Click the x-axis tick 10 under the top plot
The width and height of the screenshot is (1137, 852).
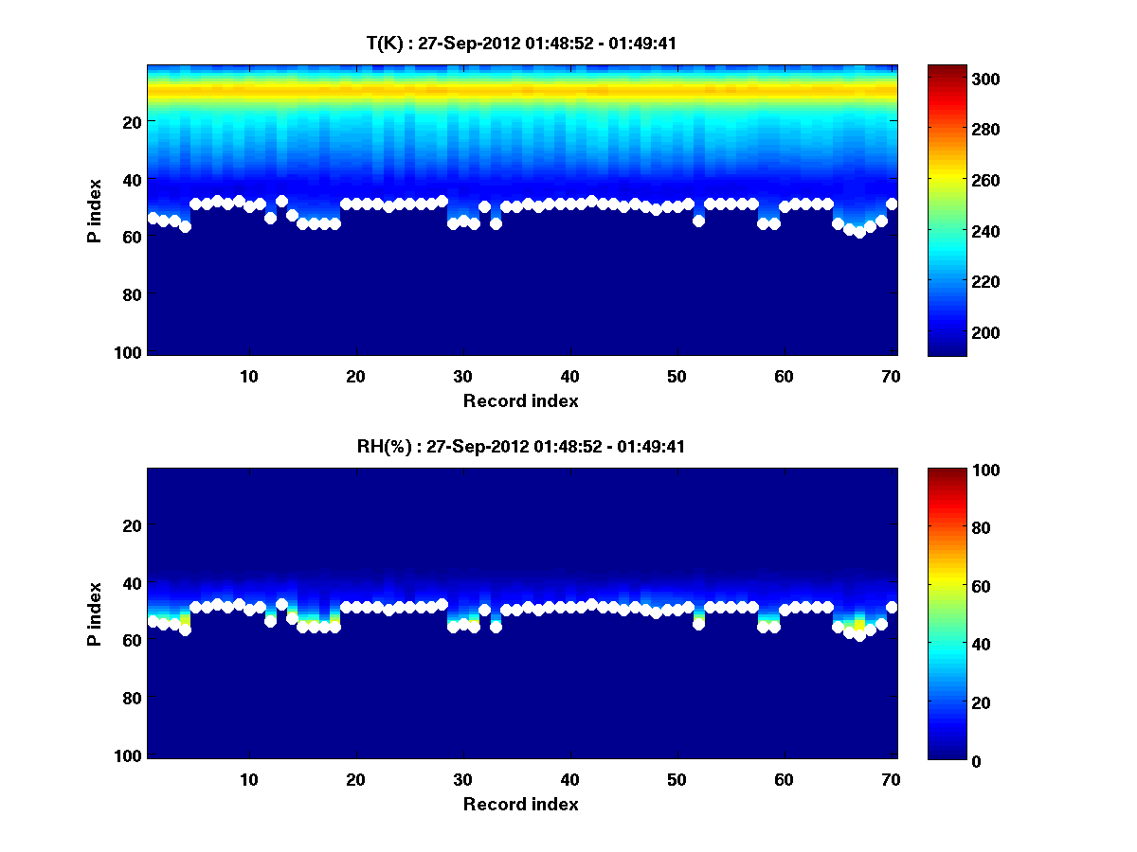248,376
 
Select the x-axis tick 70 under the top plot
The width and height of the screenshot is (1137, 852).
891,376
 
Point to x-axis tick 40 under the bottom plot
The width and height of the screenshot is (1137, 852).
569,779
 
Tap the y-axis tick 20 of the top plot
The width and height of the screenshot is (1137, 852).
132,121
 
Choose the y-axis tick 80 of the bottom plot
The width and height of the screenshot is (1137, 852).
132,698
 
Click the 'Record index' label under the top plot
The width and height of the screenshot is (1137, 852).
520,400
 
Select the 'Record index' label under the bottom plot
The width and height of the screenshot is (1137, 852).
520,804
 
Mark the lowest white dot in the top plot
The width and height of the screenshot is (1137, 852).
859,232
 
